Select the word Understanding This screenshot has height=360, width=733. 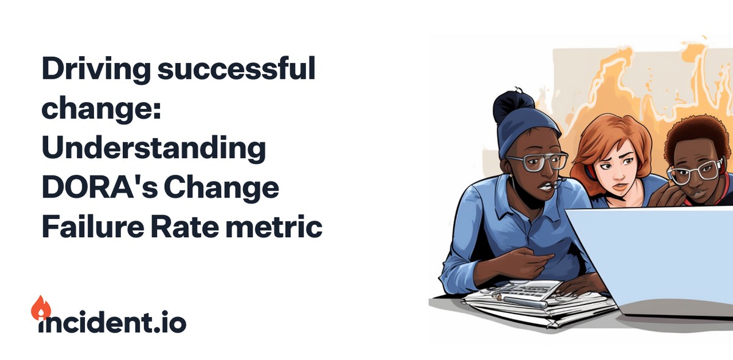point(153,150)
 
